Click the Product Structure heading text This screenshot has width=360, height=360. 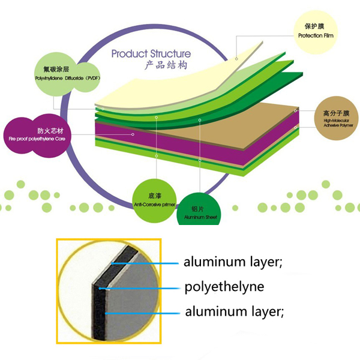click(x=151, y=54)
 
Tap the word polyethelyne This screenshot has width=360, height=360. click(x=224, y=287)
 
